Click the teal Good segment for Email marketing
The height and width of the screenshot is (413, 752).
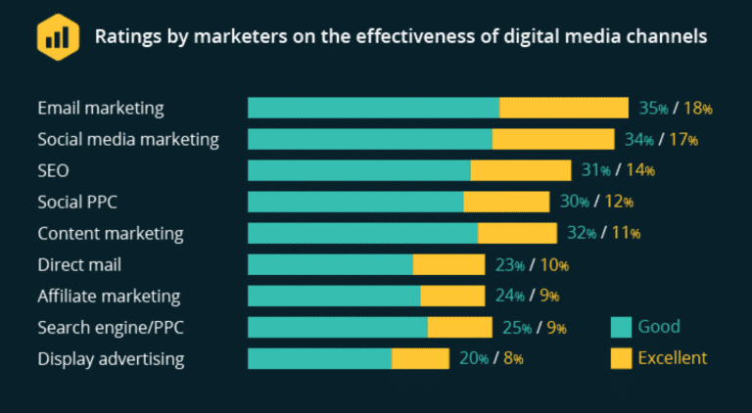click(x=373, y=108)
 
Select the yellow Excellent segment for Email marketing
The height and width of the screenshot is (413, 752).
click(x=564, y=108)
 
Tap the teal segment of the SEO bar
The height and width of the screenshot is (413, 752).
click(x=358, y=170)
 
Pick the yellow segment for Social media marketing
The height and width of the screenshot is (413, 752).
click(x=553, y=139)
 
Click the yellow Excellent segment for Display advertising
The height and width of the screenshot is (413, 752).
click(x=420, y=358)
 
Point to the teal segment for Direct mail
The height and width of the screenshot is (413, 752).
click(x=330, y=264)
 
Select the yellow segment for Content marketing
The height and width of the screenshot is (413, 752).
click(x=517, y=233)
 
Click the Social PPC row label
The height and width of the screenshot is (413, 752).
click(x=83, y=202)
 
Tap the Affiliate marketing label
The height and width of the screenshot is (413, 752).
click(x=109, y=296)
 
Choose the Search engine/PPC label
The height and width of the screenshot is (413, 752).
click(x=110, y=327)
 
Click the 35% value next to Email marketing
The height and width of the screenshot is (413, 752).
click(x=652, y=108)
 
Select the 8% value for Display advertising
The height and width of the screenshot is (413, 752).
click(x=513, y=358)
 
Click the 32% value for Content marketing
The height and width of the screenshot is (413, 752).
click(x=582, y=233)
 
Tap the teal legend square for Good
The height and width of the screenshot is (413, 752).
click(x=620, y=327)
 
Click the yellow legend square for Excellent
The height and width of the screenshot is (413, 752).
click(x=620, y=358)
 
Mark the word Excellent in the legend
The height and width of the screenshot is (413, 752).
click(x=672, y=358)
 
